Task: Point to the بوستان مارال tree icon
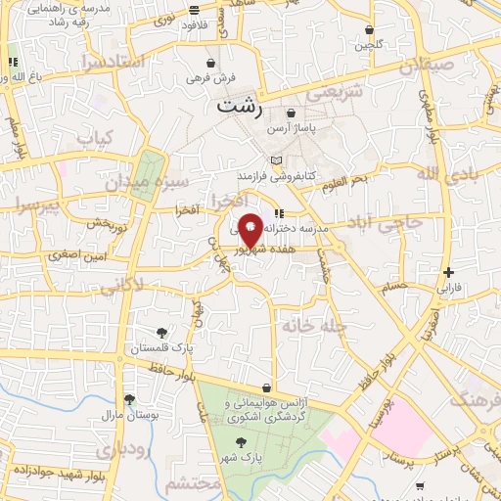coord(128,398)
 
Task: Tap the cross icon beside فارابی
coord(448,272)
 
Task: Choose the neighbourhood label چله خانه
coord(311,324)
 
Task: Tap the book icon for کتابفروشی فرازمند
coord(276,159)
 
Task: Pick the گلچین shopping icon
coord(369,30)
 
